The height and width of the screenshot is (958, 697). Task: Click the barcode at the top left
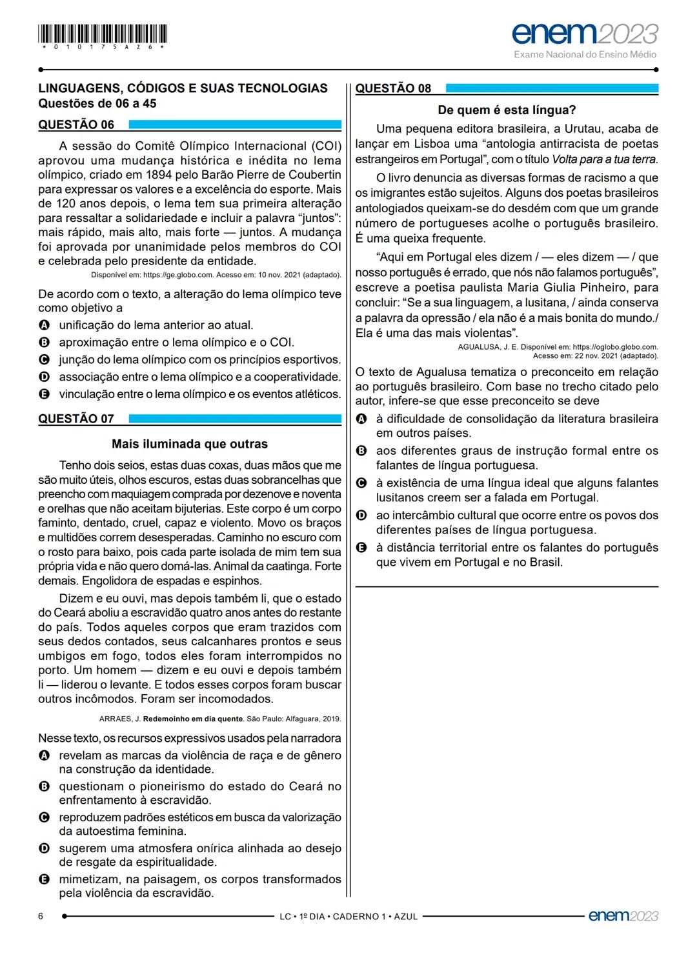[x=103, y=34]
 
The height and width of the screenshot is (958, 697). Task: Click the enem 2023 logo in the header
[x=585, y=33]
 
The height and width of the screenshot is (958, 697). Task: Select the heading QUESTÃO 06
[x=76, y=125]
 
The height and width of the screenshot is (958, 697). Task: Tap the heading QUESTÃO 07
[x=76, y=419]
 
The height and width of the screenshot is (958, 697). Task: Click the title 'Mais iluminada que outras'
[x=189, y=444]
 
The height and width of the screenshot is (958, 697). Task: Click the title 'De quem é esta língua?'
[x=507, y=110]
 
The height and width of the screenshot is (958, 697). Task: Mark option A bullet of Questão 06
[x=44, y=325]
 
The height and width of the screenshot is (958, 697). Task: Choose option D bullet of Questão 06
[x=44, y=377]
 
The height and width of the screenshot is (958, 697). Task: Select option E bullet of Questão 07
[x=44, y=879]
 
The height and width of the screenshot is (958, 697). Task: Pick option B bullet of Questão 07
[x=44, y=786]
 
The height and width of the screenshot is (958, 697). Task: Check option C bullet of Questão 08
[x=361, y=483]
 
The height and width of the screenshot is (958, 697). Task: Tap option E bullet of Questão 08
[x=361, y=548]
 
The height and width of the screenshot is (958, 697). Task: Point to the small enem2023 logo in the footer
[x=623, y=915]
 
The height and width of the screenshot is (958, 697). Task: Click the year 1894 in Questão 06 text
[x=160, y=175]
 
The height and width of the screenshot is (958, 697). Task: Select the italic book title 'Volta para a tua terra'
[x=604, y=159]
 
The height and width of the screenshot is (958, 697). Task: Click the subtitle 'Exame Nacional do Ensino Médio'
[x=585, y=54]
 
